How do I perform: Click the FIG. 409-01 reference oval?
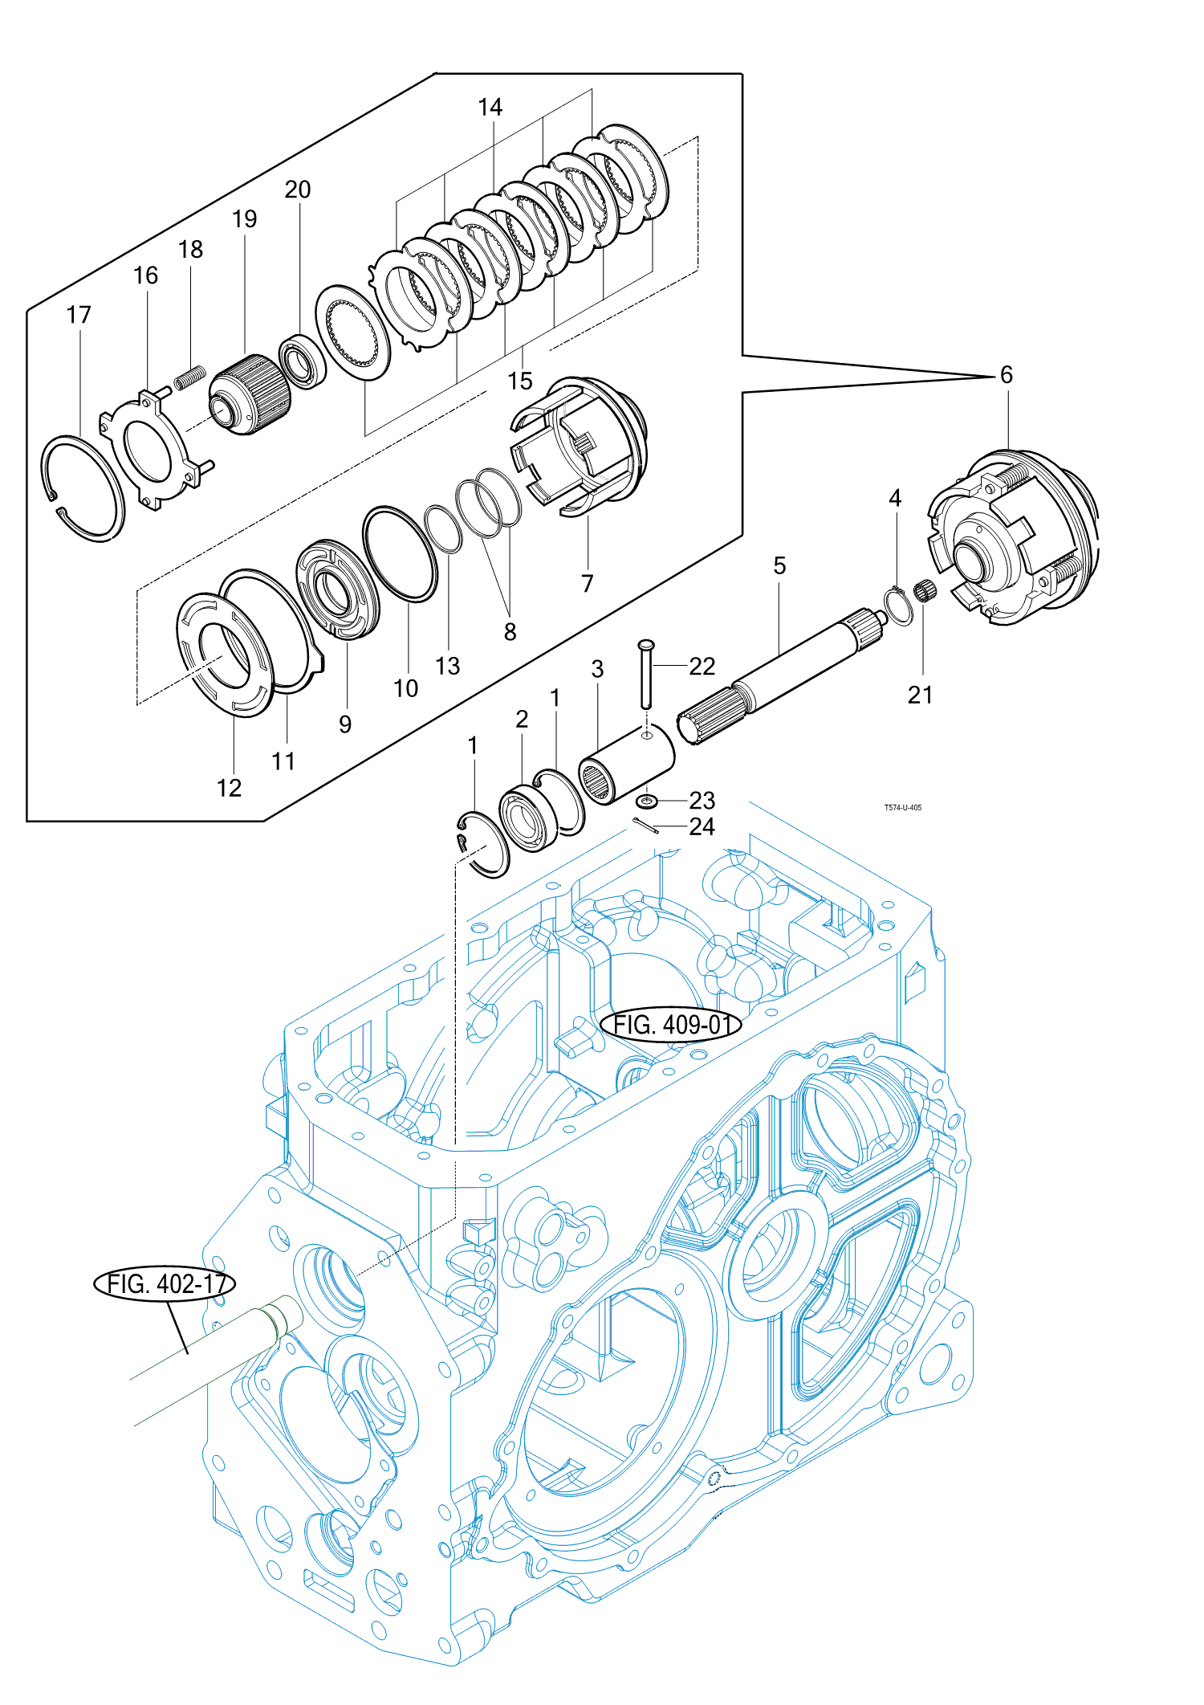click(x=670, y=1024)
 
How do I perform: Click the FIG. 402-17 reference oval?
click(x=165, y=1283)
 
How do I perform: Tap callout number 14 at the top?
click(x=490, y=107)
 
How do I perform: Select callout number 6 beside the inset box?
click(x=1006, y=374)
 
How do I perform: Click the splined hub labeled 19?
click(x=249, y=395)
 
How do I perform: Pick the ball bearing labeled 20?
click(x=303, y=361)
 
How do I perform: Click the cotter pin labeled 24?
click(x=645, y=826)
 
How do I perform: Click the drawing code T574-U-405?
click(x=902, y=807)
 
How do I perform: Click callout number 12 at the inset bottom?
click(x=229, y=787)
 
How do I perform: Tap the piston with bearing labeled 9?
click(x=337, y=589)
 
